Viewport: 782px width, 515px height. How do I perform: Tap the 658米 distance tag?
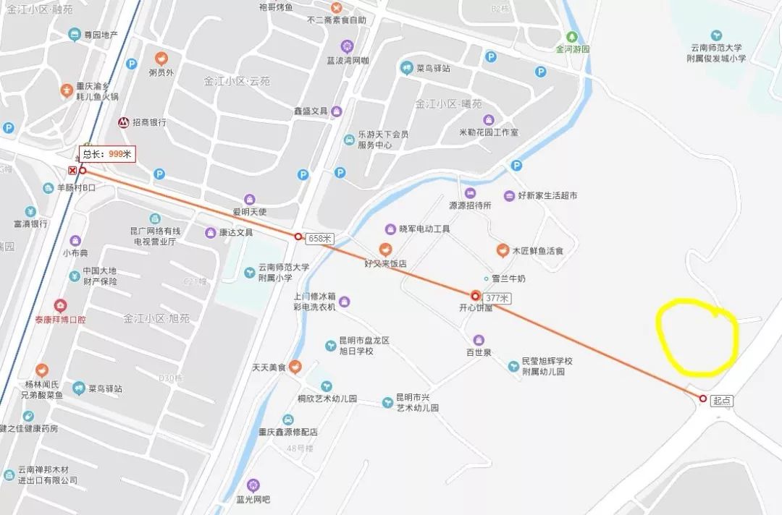click(319, 238)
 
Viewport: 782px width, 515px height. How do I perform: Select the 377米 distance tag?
click(497, 297)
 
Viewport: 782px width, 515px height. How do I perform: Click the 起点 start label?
click(722, 399)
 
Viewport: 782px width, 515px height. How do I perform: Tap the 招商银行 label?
click(149, 122)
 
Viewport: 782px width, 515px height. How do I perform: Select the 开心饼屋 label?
click(476, 307)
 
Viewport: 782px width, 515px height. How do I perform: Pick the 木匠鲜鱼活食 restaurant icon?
click(501, 250)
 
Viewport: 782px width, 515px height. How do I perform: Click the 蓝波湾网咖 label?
click(348, 60)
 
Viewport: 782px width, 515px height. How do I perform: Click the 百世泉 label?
click(479, 352)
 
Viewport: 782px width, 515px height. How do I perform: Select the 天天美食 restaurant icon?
click(295, 367)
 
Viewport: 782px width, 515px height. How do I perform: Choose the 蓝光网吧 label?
click(253, 499)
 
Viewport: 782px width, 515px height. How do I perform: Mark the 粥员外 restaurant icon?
click(161, 58)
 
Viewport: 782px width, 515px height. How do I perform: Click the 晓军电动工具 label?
click(424, 229)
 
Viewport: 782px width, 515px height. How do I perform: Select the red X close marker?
click(72, 171)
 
